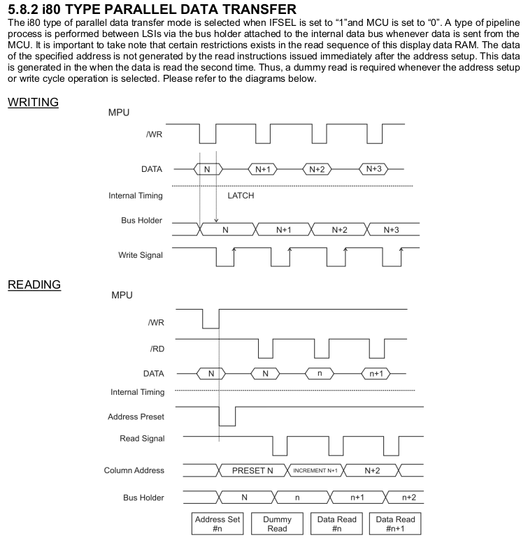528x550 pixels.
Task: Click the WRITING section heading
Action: pyautogui.click(x=32, y=103)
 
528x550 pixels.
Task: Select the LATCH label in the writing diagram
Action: pyautogui.click(x=241, y=196)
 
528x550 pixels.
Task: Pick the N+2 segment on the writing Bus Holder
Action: pyautogui.click(x=339, y=229)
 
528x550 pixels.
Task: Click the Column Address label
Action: pyautogui.click(x=134, y=470)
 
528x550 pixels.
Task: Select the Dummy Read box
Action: pyautogui.click(x=277, y=524)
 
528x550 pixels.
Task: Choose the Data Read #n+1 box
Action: pyautogui.click(x=396, y=524)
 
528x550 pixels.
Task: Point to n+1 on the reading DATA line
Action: pyautogui.click(x=377, y=373)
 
